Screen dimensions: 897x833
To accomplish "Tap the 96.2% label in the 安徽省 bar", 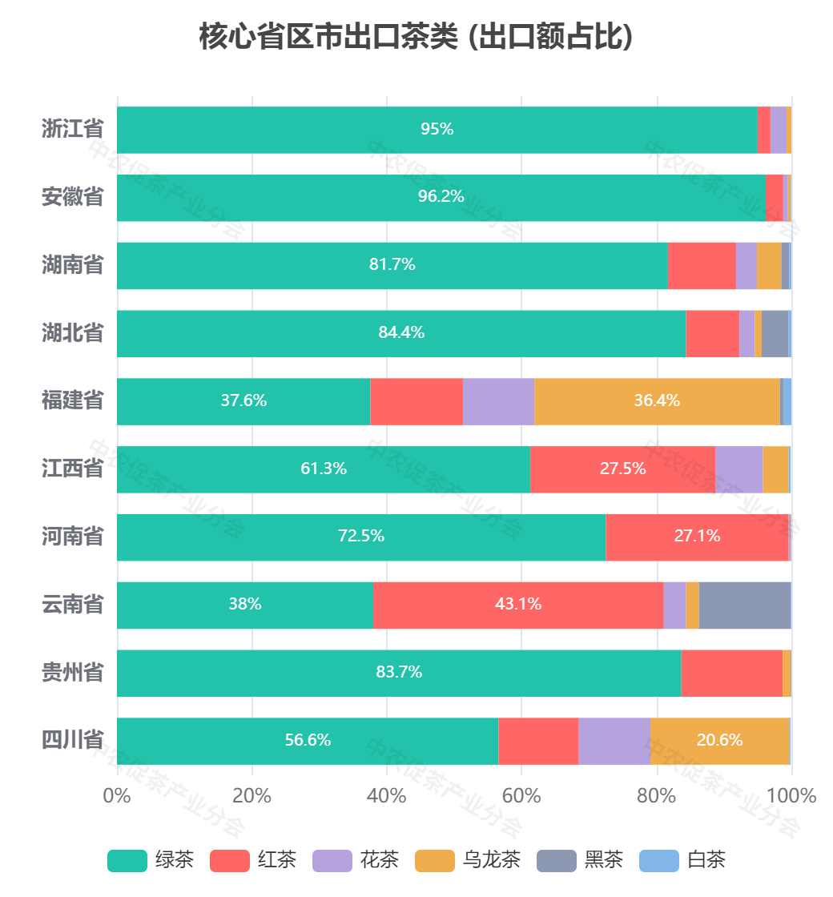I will (441, 196).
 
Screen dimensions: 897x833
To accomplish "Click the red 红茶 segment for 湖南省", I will (702, 265).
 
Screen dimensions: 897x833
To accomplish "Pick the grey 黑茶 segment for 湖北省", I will (775, 333).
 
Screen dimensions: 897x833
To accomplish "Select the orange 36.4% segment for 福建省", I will (657, 401).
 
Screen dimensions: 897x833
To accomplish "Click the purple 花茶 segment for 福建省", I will (498, 401).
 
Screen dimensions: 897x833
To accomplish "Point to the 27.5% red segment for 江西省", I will (622, 469).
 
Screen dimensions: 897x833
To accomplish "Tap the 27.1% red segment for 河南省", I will (697, 537).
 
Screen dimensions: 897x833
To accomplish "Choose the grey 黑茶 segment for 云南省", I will (745, 605).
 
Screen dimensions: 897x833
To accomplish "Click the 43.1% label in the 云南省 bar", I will (518, 605).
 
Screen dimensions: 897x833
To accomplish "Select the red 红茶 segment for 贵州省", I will (731, 673).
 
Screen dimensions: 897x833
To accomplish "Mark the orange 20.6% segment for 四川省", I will (719, 741).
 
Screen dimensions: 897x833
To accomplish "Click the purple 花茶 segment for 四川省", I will (614, 741).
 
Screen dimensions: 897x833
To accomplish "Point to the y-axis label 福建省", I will (73, 400).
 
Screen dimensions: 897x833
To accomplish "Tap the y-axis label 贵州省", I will (73, 672).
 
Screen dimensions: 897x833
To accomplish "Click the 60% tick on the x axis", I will (521, 796).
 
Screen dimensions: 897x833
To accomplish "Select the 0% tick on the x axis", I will (118, 796).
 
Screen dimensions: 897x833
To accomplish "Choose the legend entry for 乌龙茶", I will (468, 861).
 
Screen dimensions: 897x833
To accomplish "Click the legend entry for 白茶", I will (682, 861).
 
